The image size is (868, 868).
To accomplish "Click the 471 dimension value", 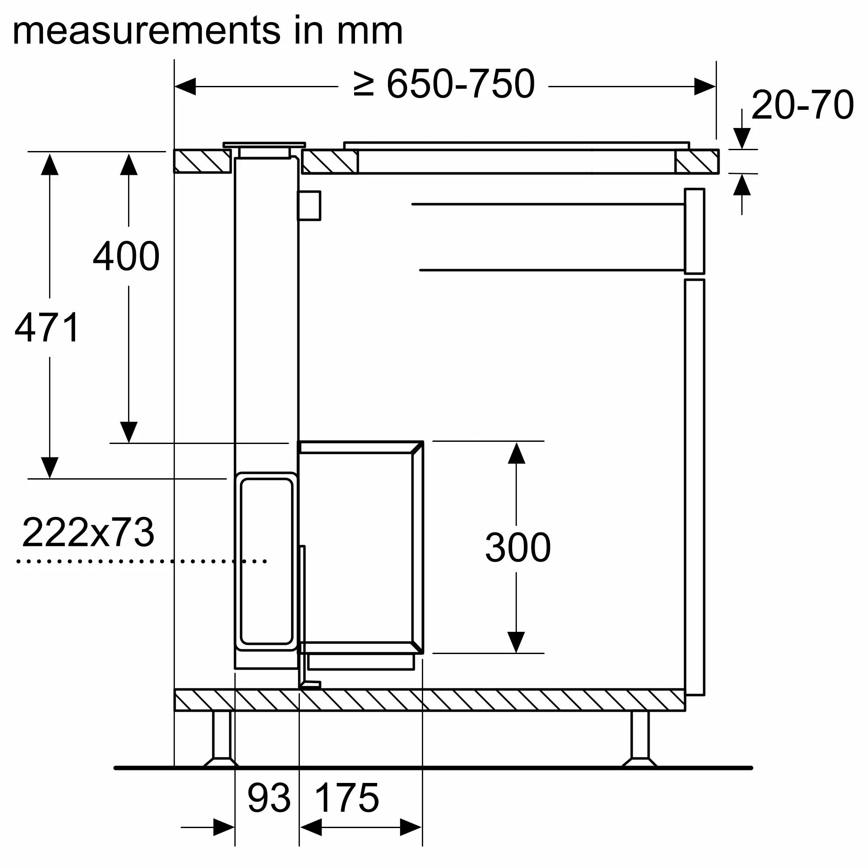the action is pyautogui.click(x=47, y=328).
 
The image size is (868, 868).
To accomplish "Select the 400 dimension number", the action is pyautogui.click(x=126, y=256).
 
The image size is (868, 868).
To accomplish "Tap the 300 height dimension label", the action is pyautogui.click(x=518, y=547).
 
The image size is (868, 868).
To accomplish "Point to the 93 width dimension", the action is pyautogui.click(x=269, y=798).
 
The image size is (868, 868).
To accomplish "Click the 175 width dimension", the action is pyautogui.click(x=347, y=798).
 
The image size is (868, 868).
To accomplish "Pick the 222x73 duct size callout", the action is pyautogui.click(x=88, y=533).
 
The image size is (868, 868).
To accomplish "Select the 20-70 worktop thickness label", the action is pyautogui.click(x=802, y=105).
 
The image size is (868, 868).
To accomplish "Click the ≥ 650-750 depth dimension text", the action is pyautogui.click(x=444, y=84).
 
